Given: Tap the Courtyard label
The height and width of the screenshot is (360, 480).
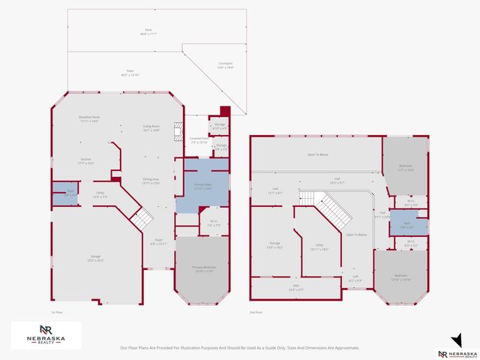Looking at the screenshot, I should (225, 65).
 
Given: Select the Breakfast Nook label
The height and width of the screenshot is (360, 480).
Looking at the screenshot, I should (89, 118).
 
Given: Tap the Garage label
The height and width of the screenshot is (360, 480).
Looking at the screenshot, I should (96, 258).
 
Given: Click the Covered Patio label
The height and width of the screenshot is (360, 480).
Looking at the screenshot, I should (199, 140).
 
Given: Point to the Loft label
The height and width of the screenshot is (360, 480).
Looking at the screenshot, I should (356, 278).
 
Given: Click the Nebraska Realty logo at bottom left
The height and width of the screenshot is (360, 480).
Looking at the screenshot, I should (46, 334).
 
